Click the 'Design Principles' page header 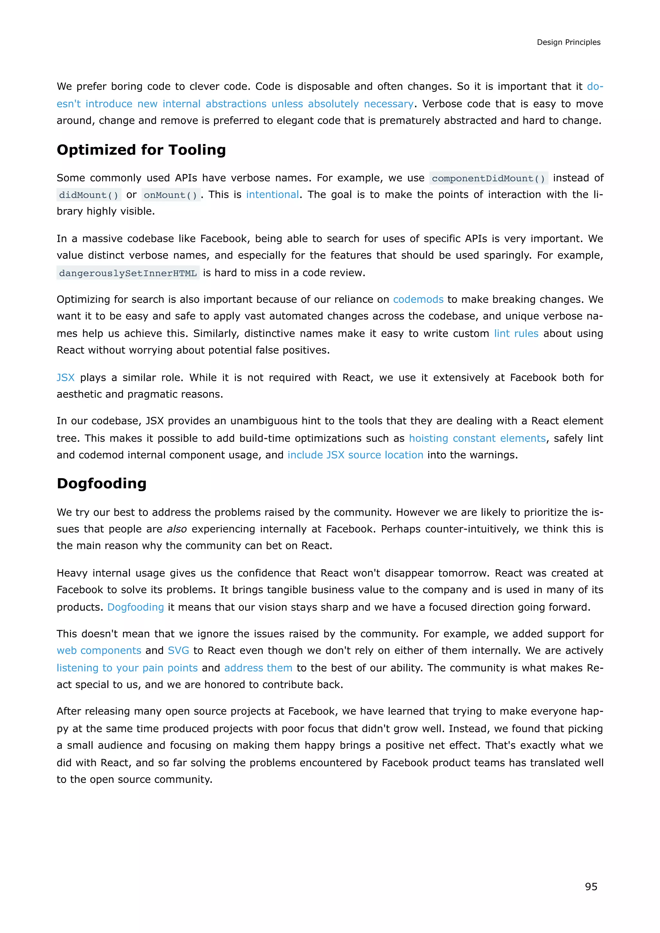coord(568,42)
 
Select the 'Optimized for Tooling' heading coord(141,150)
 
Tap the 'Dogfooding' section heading coord(102,484)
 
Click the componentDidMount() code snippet coord(488,178)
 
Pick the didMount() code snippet coord(89,195)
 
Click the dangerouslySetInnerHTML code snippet coord(128,273)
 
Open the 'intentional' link coord(272,195)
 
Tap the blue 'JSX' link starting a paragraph coord(65,378)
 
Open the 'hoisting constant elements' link coord(477,438)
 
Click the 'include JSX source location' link coord(355,455)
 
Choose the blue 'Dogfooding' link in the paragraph coord(135,607)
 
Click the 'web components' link coord(99,650)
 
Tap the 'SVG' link coord(179,650)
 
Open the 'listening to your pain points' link coord(127,668)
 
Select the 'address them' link coord(258,668)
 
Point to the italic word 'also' coord(177,529)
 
